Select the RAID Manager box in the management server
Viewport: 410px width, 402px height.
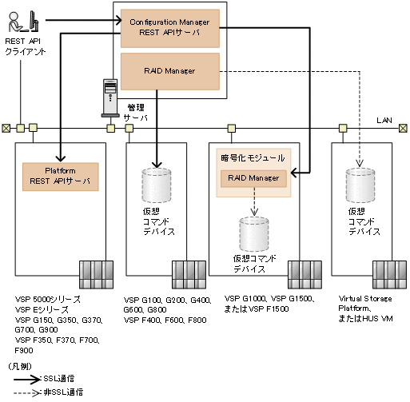point(169,71)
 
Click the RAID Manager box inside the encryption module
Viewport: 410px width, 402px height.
point(253,178)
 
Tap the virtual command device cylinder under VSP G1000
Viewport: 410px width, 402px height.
point(253,233)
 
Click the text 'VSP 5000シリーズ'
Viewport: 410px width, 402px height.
point(46,298)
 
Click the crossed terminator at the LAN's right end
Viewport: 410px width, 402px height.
point(404,127)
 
